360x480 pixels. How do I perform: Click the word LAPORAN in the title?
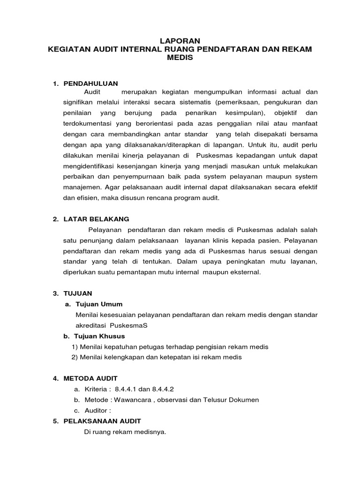[180, 41]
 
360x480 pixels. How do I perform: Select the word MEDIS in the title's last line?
[180, 57]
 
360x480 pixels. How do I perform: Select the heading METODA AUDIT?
[90, 378]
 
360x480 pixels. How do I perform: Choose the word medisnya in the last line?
[151, 431]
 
